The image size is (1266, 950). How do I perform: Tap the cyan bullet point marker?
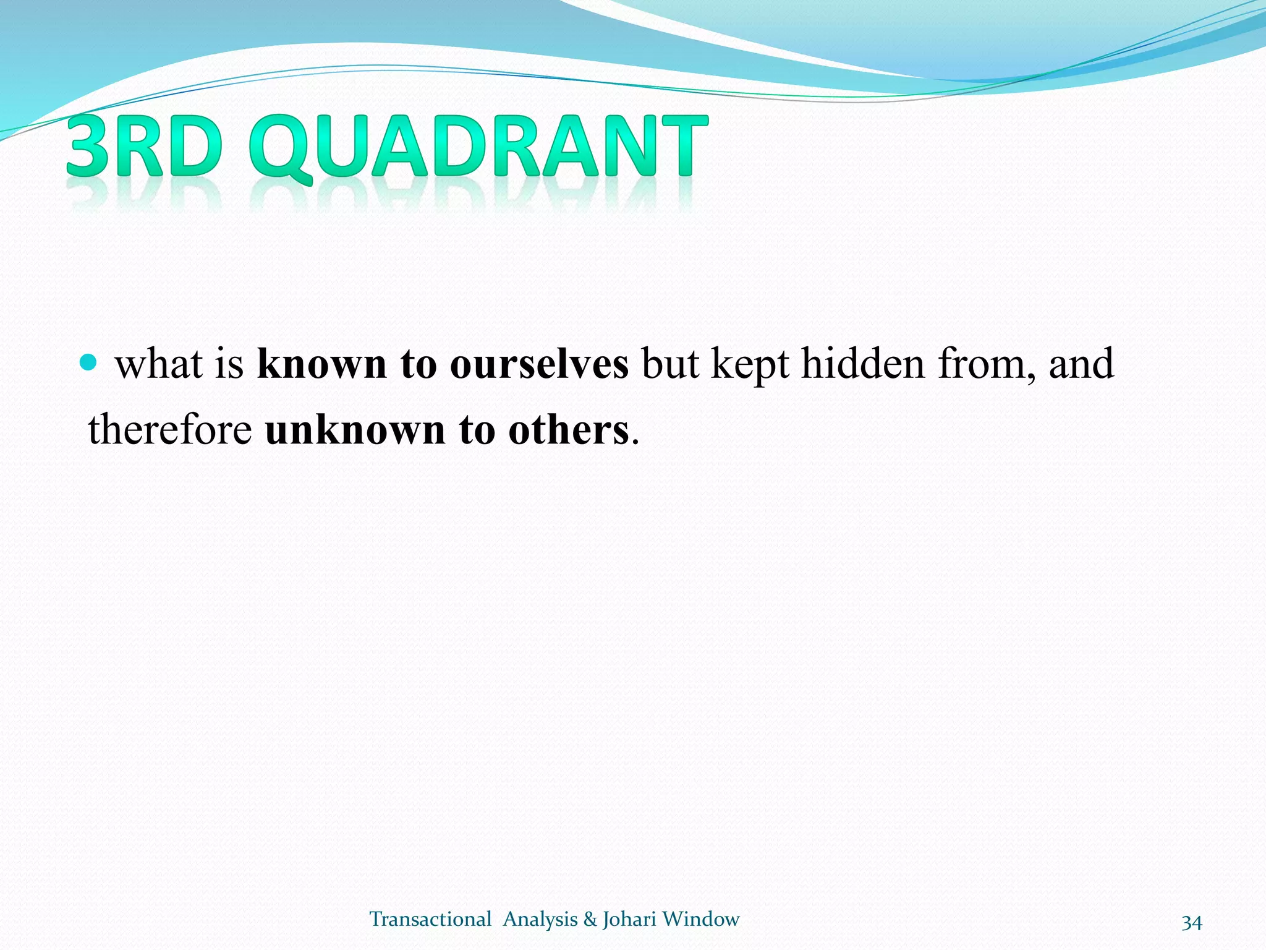pos(89,362)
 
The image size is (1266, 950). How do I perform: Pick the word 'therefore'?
pos(170,430)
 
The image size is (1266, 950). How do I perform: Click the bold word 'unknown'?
pos(355,430)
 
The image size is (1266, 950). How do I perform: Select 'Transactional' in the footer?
pos(430,919)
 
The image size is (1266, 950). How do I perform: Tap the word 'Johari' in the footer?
pos(629,920)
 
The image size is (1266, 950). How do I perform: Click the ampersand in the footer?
pos(590,920)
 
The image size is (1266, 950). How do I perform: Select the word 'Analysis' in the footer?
pos(540,920)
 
